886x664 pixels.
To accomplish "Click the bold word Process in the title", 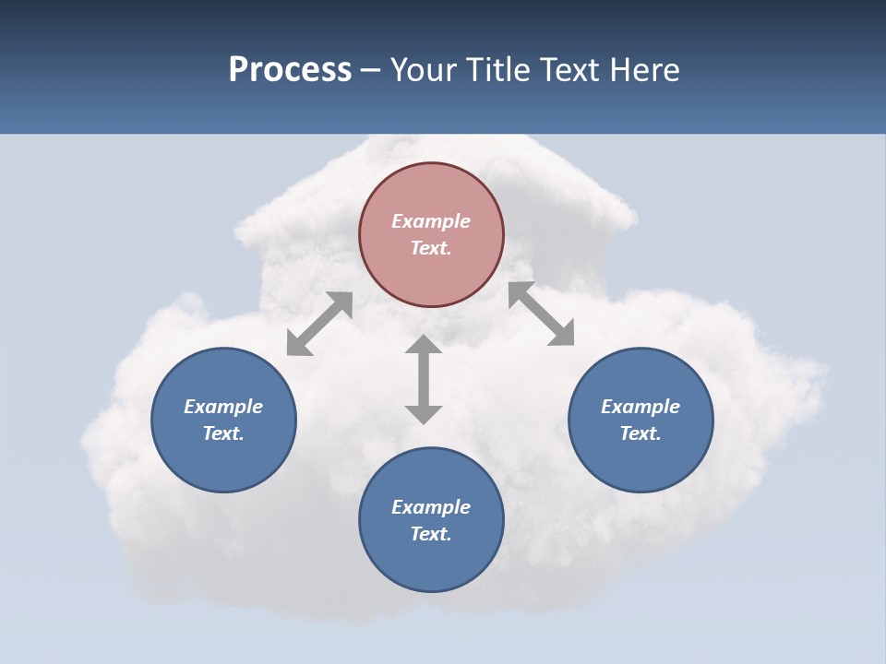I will (290, 70).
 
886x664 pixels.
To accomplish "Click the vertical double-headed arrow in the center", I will (424, 379).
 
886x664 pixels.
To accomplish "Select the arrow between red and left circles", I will (319, 324).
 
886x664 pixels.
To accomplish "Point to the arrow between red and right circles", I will (542, 314).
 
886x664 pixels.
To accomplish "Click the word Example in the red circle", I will (431, 221).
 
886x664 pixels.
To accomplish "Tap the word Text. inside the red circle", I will (431, 248).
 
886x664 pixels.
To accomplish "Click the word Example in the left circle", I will (223, 407).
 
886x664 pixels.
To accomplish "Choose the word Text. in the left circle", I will (223, 433).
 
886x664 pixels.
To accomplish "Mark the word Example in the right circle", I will (641, 407).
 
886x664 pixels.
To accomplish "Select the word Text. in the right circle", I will (641, 433).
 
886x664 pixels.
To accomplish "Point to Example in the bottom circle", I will (431, 507).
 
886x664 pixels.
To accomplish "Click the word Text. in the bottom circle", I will (431, 534).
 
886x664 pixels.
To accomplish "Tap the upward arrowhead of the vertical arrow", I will (424, 345).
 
